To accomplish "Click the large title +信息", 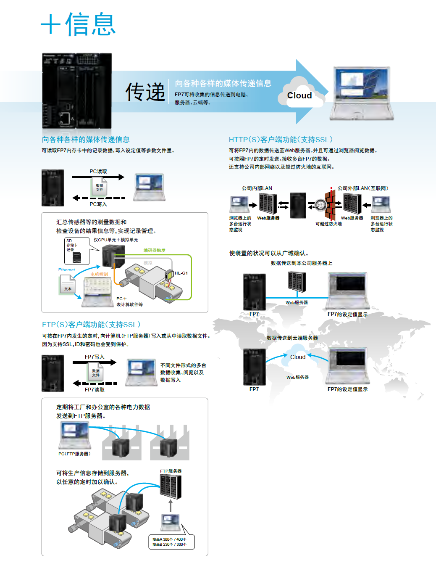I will tap(78, 24).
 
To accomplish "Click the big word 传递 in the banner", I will tap(145, 92).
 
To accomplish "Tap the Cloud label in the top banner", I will tap(299, 95).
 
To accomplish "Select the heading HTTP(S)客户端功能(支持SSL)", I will tap(281, 140).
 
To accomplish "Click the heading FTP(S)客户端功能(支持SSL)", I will tap(91, 325).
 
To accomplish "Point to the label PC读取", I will tap(98, 172).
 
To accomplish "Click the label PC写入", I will tap(98, 204).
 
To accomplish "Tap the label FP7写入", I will tap(95, 357).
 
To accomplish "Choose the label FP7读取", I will tap(95, 390).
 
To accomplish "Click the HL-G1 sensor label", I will tap(181, 273).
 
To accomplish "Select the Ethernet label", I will tap(67, 270).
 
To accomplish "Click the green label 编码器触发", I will tap(154, 250).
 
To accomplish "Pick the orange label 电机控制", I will tap(99, 274).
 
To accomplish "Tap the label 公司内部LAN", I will tap(257, 188).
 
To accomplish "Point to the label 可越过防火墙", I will tap(328, 224).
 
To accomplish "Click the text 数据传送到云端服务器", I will tap(292, 338).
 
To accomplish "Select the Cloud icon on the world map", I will tap(298, 356).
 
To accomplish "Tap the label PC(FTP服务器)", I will tap(74, 454).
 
